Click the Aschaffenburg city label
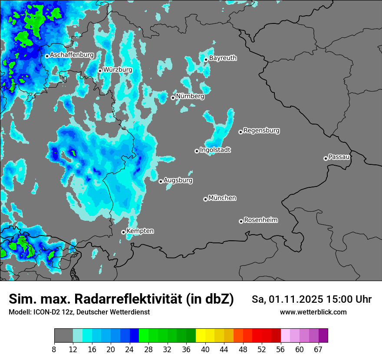pyautogui.click(x=72, y=55)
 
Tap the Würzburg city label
pyautogui.click(x=118, y=69)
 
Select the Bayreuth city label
pyautogui.click(x=223, y=58)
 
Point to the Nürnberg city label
pyautogui.click(x=190, y=96)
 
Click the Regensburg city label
pyautogui.click(x=261, y=130)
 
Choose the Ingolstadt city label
pyautogui.click(x=215, y=150)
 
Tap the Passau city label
pyautogui.click(x=339, y=157)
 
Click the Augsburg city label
pyautogui.click(x=178, y=180)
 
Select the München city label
pyautogui.click(x=222, y=198)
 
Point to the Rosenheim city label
pyautogui.click(x=260, y=220)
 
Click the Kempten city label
pyautogui.click(x=140, y=231)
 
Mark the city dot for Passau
pyautogui.click(x=326, y=158)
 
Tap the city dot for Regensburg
pyautogui.click(x=240, y=132)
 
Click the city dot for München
pyautogui.click(x=205, y=200)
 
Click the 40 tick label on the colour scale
pyautogui.click(x=205, y=349)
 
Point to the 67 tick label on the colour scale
pyautogui.click(x=318, y=349)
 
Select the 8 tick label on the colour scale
pyautogui.click(x=54, y=349)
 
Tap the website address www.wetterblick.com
pyautogui.click(x=313, y=312)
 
